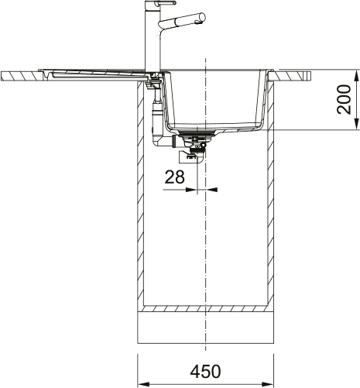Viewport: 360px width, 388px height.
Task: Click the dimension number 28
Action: click(x=175, y=177)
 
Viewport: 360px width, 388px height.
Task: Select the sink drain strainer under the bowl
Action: click(x=197, y=138)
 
